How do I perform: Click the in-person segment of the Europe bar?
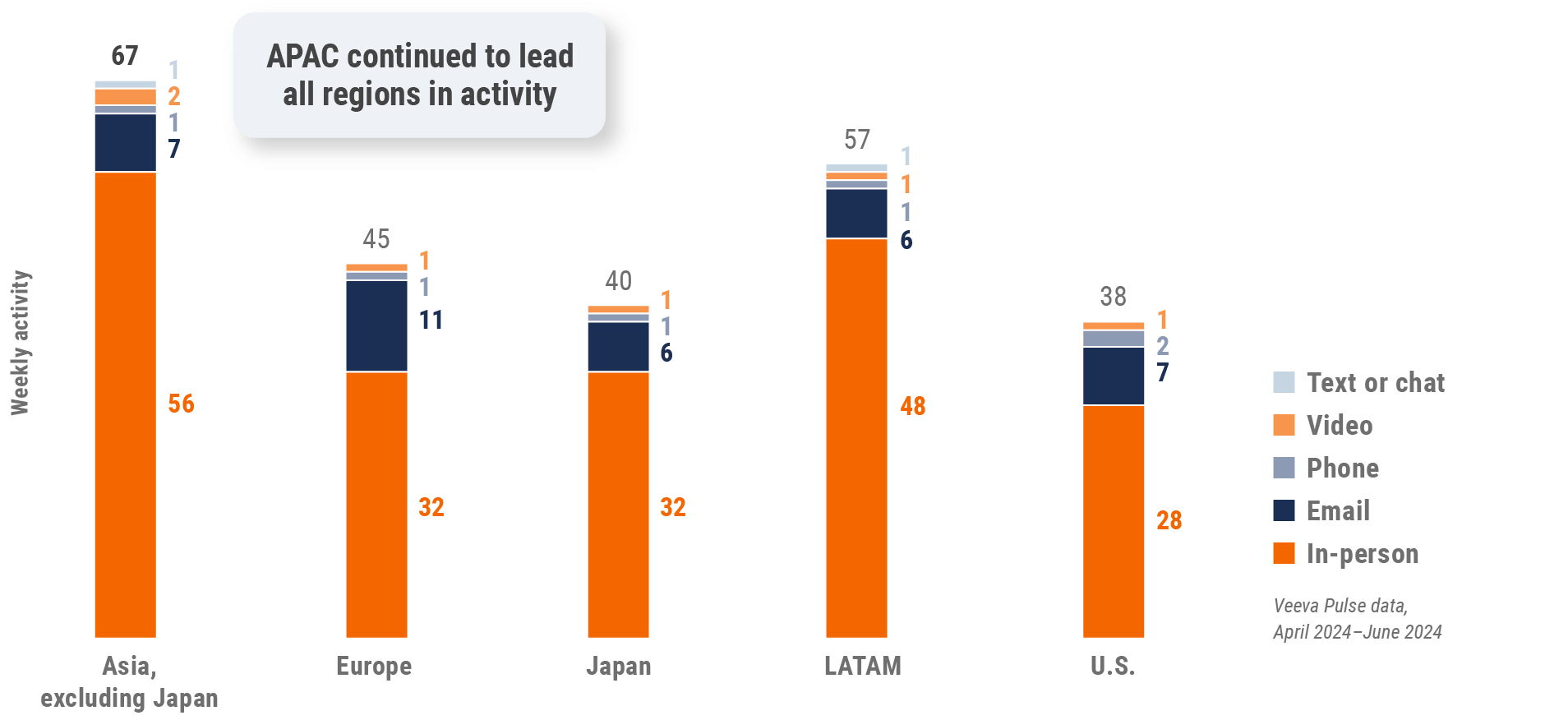coord(376,504)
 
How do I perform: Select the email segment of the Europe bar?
coord(376,325)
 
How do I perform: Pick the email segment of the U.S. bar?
coord(1113,376)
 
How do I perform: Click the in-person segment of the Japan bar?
coord(618,504)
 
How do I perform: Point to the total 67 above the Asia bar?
coord(125,56)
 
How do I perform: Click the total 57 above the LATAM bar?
coord(856,140)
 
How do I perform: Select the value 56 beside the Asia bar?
coord(181,404)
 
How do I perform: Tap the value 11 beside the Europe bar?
coord(431,320)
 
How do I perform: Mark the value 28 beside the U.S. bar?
coord(1169,520)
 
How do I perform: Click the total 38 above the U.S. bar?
coord(1113,297)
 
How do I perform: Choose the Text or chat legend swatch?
coord(1284,382)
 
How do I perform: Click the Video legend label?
coord(1340,425)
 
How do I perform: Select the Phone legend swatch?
coord(1284,468)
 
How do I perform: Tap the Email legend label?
coord(1338,510)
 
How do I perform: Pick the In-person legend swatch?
coord(1284,553)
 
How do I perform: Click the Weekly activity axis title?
coord(20,343)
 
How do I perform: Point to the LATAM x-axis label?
coord(862,666)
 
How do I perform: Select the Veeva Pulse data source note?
coord(1357,618)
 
